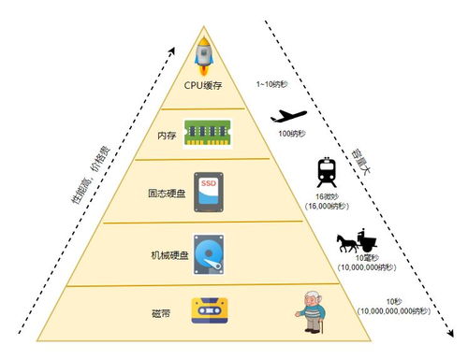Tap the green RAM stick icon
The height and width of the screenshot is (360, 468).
point(209,131)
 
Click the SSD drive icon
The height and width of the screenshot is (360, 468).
point(207,189)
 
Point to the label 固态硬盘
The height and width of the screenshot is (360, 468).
point(167,195)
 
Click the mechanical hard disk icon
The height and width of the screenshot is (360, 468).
point(208,252)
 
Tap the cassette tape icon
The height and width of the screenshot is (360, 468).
point(209,310)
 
